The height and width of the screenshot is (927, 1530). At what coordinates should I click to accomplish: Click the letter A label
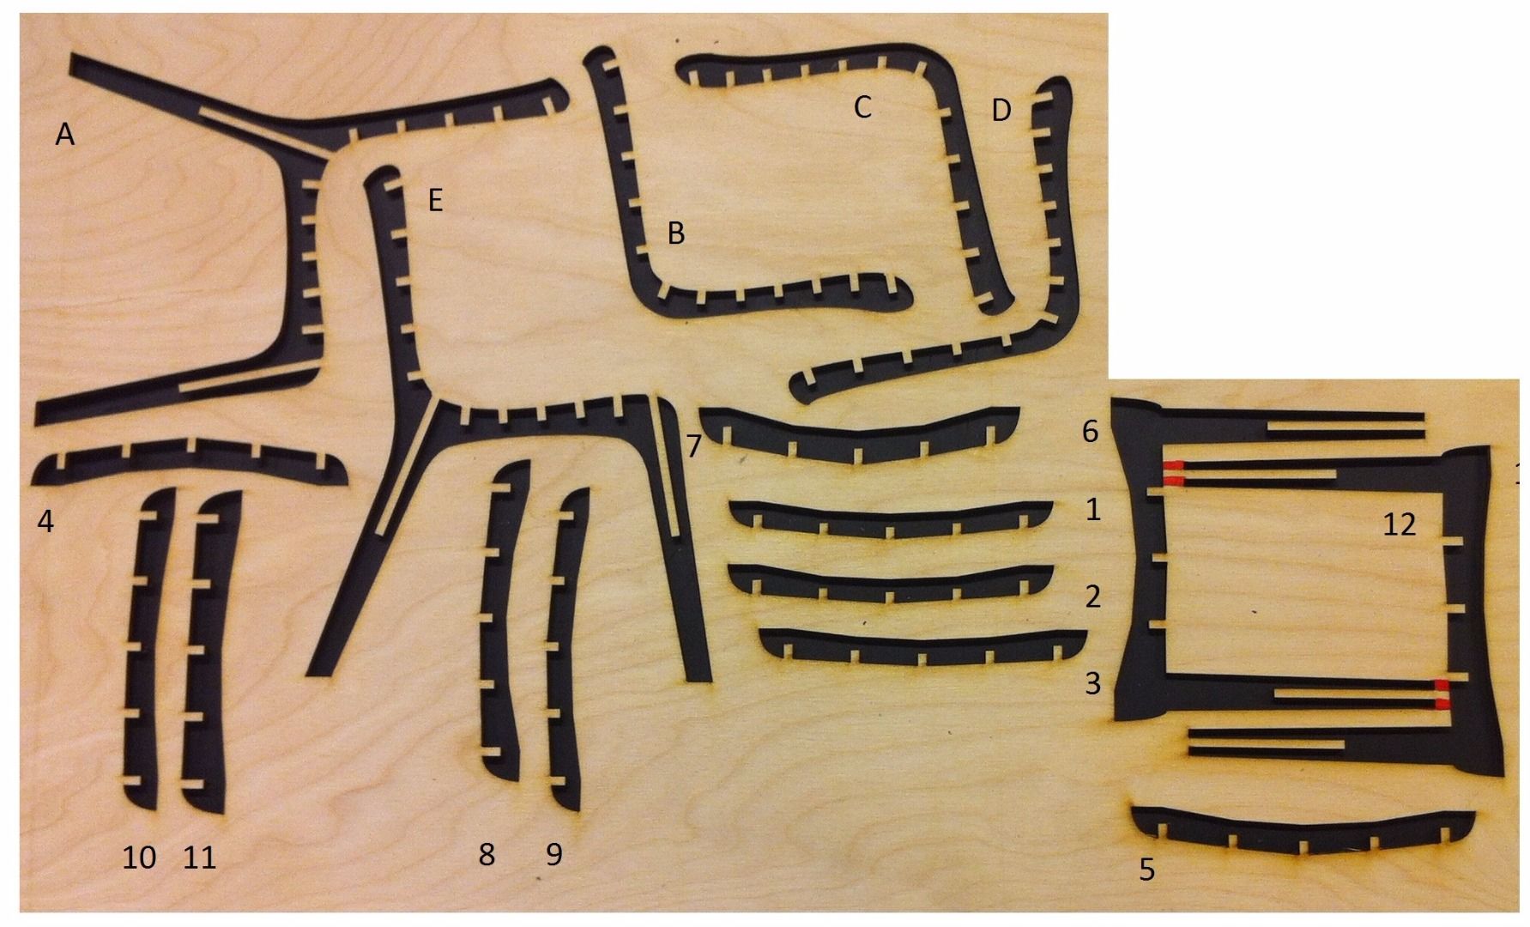pos(64,134)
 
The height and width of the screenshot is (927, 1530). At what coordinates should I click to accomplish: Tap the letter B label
pos(676,233)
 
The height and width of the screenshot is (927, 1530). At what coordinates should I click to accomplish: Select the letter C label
pos(862,107)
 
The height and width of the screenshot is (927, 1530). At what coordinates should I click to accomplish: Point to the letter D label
pos(1001,110)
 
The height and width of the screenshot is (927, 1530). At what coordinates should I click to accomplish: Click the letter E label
pos(435,202)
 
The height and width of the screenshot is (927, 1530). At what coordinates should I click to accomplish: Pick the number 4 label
pos(45,520)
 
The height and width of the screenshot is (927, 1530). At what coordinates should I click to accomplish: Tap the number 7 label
pos(694,445)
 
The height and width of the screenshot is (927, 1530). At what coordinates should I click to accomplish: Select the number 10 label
pos(140,857)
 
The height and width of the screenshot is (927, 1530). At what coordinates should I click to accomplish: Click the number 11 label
pos(200,857)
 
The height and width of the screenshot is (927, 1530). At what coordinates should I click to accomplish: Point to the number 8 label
pos(487,854)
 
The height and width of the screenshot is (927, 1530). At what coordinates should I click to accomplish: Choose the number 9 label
pos(554,854)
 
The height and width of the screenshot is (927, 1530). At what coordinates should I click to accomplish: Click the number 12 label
pos(1399,524)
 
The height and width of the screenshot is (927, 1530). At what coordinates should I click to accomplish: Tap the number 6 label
pos(1090,431)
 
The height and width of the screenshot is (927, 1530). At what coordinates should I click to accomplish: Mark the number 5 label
pos(1147,869)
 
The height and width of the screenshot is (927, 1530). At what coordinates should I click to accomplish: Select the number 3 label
pos(1092,684)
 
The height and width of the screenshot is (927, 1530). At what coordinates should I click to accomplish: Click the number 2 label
pos(1092,597)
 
